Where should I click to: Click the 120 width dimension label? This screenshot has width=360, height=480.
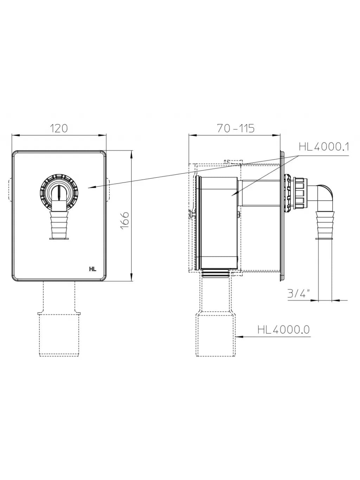click(x=59, y=128)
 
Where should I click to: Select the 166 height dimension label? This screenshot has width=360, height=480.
click(x=125, y=220)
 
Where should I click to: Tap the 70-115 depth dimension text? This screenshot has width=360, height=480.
click(x=236, y=128)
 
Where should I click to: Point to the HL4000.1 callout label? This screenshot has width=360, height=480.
click(x=324, y=147)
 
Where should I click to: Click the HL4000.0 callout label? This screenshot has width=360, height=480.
click(x=284, y=329)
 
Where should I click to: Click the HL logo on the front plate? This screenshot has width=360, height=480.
click(x=93, y=269)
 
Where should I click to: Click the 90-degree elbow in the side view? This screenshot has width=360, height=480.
click(x=324, y=197)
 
